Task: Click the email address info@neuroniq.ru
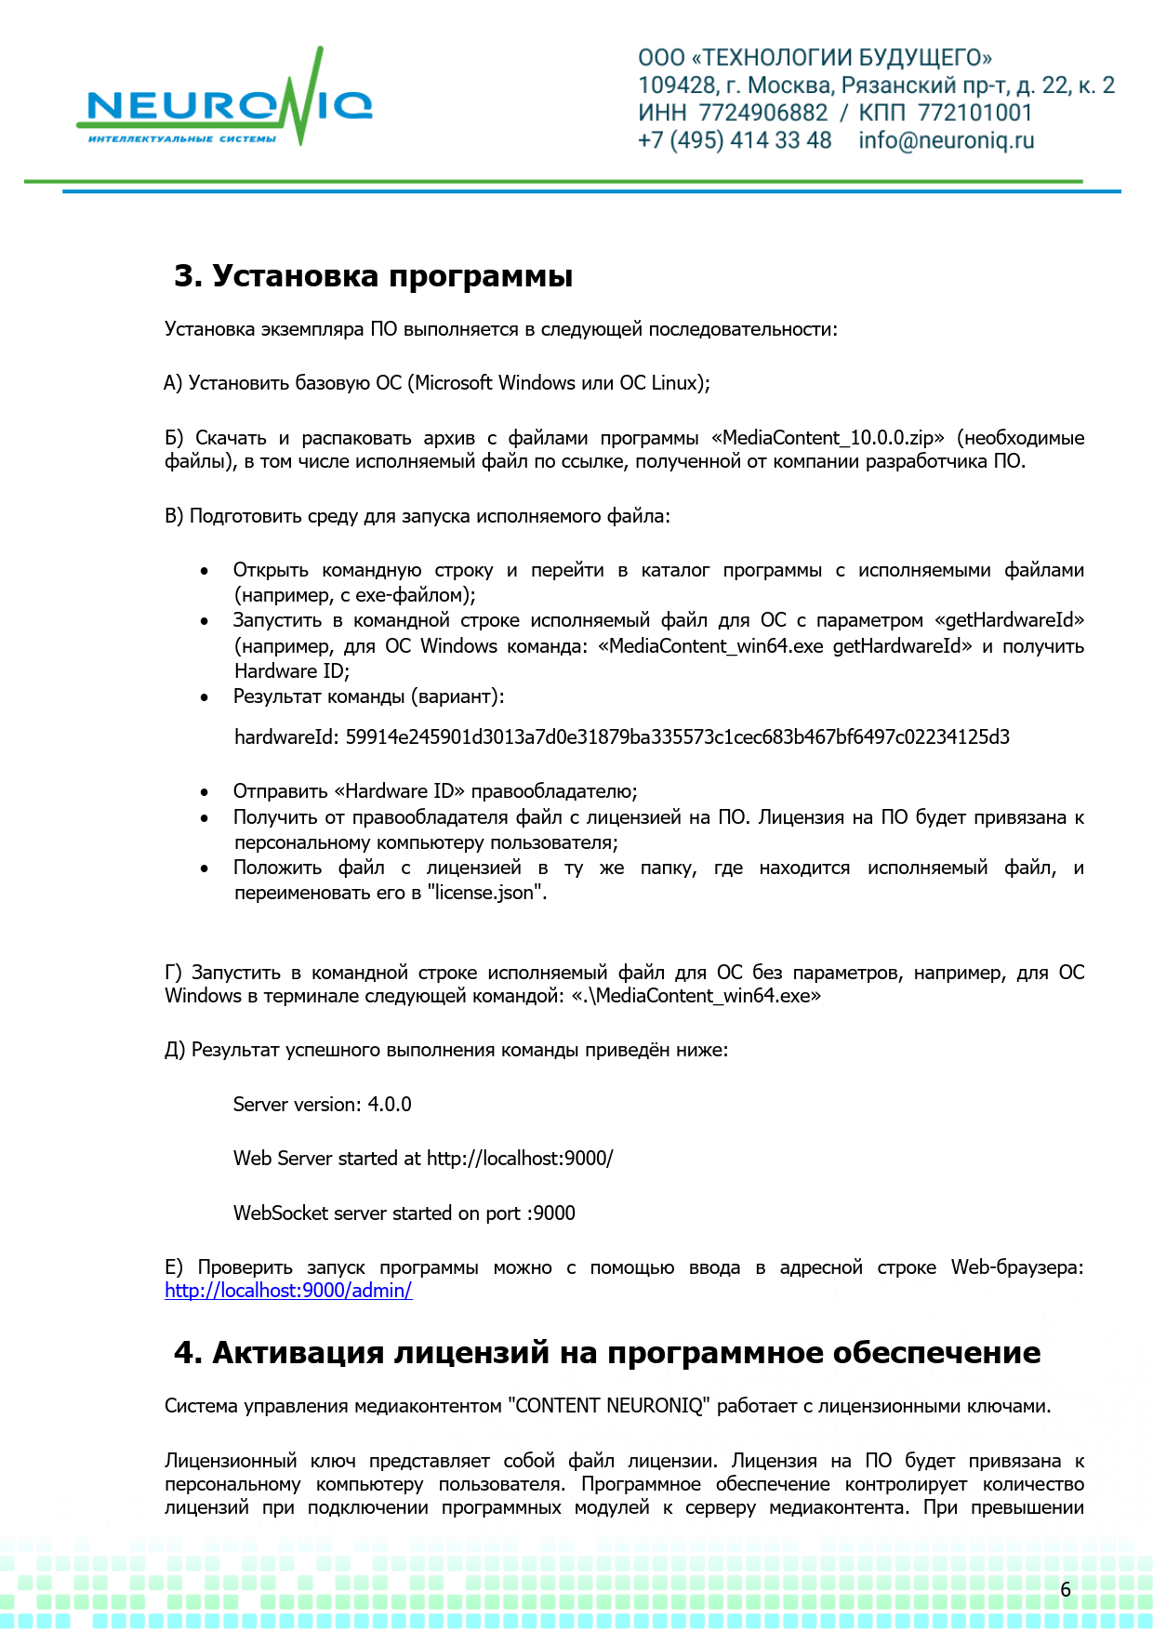(946, 140)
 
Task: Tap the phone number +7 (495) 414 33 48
(735, 140)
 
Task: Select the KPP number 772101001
(974, 113)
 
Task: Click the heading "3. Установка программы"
(373, 276)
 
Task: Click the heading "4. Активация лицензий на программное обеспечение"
(607, 1352)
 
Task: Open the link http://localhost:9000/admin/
(288, 1291)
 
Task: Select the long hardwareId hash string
(677, 737)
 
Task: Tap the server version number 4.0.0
(389, 1105)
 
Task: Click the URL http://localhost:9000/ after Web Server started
(520, 1159)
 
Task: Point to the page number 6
(1066, 1589)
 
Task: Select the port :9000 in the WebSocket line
(551, 1213)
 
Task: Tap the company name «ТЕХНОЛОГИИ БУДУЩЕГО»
(842, 58)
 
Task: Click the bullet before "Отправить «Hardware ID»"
(205, 792)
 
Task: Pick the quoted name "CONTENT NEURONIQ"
(609, 1406)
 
